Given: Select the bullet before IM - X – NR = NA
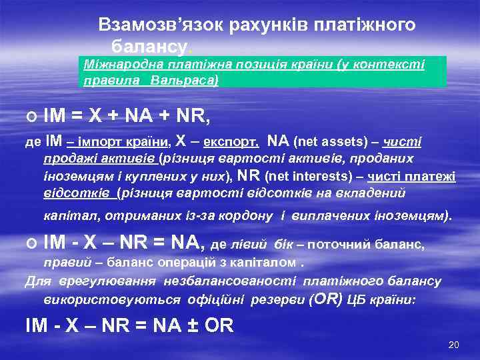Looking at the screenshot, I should [x=31, y=245].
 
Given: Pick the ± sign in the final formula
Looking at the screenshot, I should [x=194, y=326].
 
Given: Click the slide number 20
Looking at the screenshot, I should [x=454, y=345].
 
